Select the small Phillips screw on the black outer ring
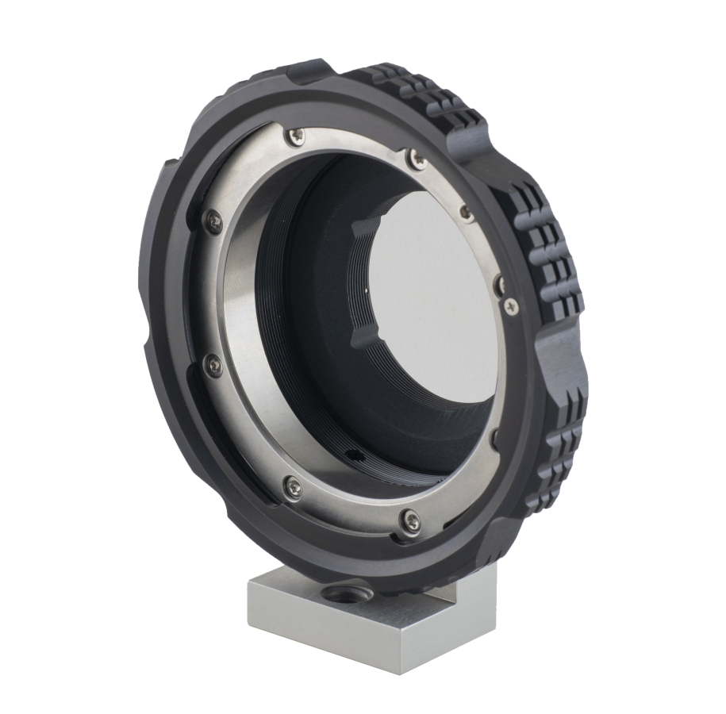(x=510, y=304)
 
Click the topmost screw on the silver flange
(x=297, y=136)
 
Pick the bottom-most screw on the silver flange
(x=410, y=520)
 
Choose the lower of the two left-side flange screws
(x=213, y=366)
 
